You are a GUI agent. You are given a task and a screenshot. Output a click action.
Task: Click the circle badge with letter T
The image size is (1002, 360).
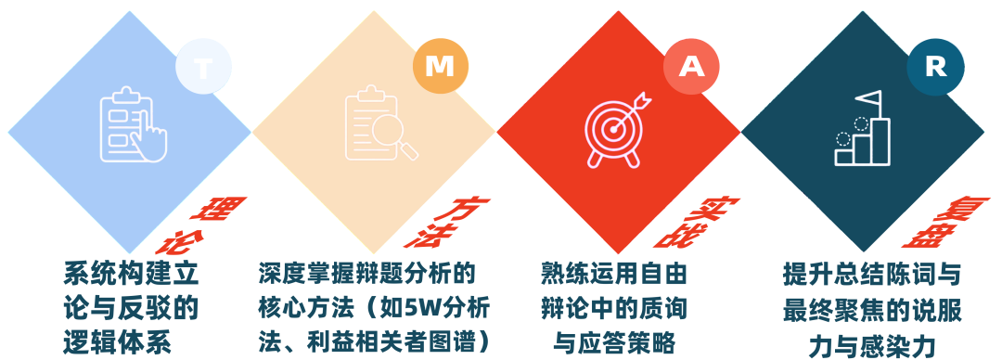click(x=203, y=68)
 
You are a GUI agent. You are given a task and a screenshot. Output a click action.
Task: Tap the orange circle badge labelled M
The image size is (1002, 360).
click(x=441, y=67)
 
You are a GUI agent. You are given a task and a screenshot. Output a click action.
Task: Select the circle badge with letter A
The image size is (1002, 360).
click(x=691, y=67)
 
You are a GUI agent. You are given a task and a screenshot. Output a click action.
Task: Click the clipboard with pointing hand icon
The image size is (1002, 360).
click(x=133, y=125)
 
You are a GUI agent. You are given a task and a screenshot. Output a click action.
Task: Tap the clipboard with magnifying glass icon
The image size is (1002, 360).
click(x=381, y=124)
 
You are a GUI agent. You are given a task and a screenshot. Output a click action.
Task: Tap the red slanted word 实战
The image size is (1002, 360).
click(x=694, y=223)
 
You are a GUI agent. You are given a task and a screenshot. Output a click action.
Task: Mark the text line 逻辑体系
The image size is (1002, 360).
click(x=118, y=343)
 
